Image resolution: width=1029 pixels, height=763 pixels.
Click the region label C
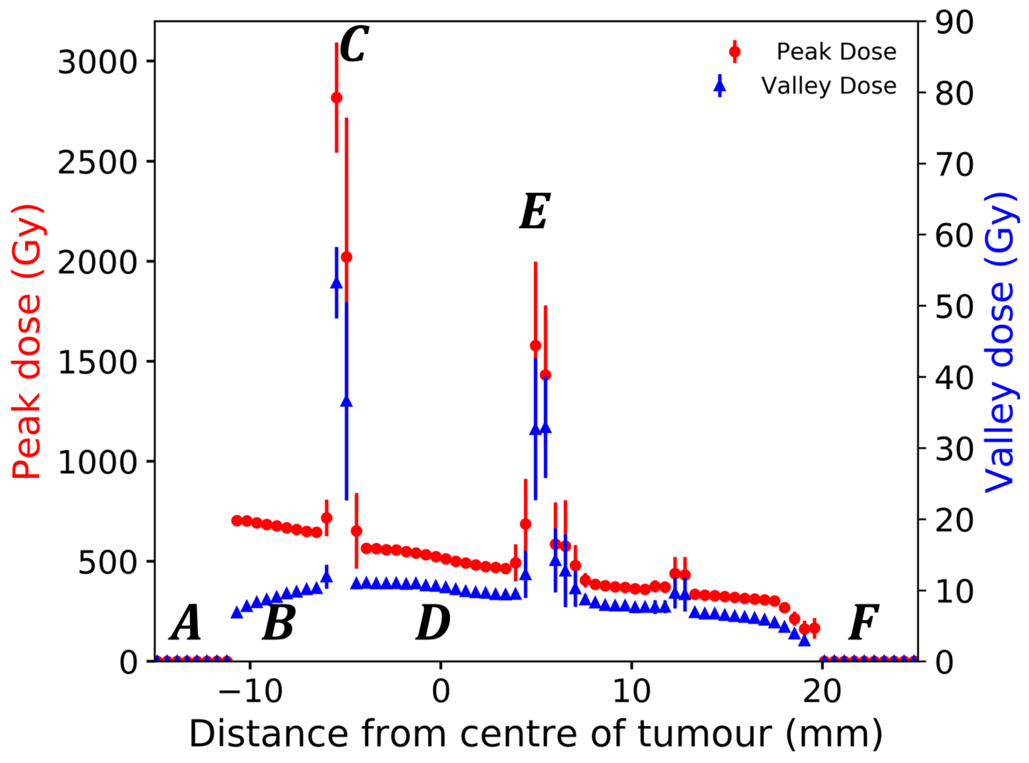tap(354, 44)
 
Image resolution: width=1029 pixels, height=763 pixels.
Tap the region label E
tap(535, 212)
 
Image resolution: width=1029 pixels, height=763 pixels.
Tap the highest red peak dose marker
tap(337, 98)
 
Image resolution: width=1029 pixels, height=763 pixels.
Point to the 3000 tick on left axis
tap(97, 62)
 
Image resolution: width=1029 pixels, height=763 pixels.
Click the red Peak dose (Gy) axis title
tap(27, 342)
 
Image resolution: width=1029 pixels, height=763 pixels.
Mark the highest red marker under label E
tap(535, 346)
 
